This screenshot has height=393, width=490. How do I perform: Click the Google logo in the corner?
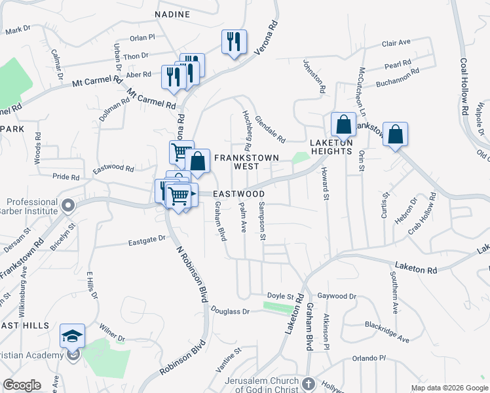pos(22,385)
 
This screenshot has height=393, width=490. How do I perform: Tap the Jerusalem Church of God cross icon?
pos(309,382)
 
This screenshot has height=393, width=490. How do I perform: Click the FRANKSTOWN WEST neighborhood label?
pos(246,158)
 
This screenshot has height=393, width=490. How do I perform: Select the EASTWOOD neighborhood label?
pos(238,195)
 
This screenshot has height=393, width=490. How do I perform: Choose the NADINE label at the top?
pos(172,14)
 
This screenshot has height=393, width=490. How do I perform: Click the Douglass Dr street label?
pos(230,312)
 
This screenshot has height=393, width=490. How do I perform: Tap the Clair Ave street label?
pos(396,43)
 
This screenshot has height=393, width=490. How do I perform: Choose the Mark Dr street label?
pos(18,30)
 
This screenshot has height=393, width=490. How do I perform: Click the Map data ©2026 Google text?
pos(449,388)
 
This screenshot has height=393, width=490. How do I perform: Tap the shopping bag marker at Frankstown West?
pos(197,160)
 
